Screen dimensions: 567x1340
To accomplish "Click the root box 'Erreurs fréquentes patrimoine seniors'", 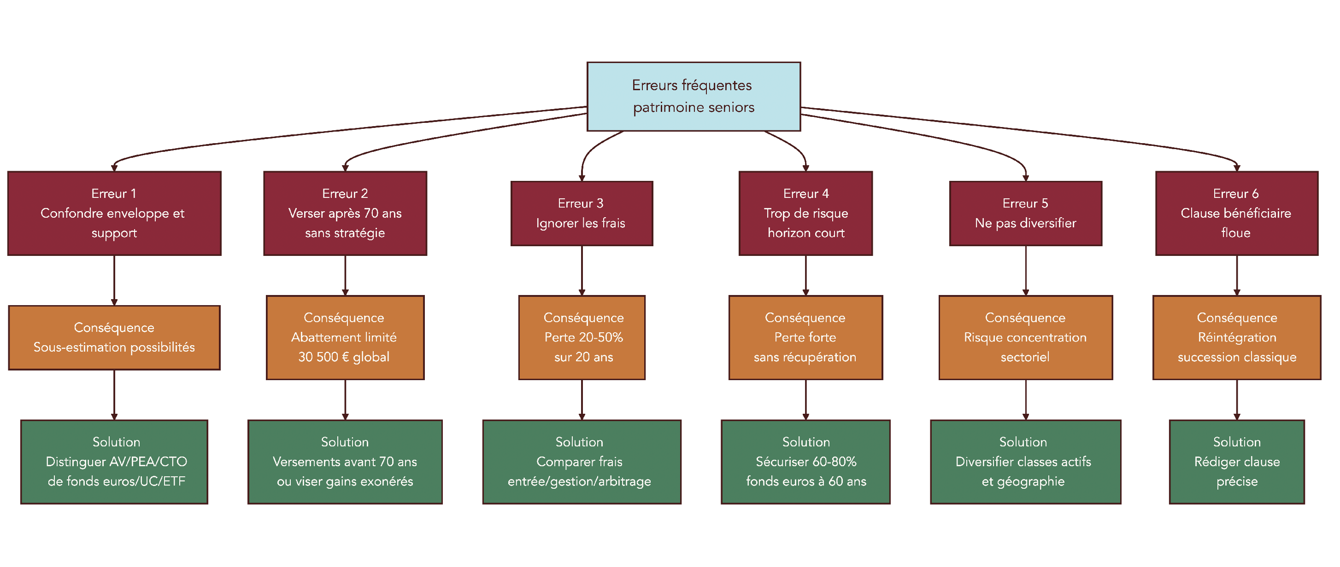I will pyautogui.click(x=693, y=96).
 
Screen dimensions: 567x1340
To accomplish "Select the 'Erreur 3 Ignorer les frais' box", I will pyautogui.click(x=581, y=213).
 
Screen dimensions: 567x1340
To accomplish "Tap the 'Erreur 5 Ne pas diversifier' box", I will pyautogui.click(x=1025, y=213).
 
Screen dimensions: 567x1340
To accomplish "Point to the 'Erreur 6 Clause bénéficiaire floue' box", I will pyautogui.click(x=1236, y=213).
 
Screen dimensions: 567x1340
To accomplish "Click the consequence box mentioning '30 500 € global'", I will pyautogui.click(x=344, y=337).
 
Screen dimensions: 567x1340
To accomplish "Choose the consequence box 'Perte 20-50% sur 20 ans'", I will pyautogui.click(x=581, y=337).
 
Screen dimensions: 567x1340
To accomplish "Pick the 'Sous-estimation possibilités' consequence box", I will pyautogui.click(x=114, y=337).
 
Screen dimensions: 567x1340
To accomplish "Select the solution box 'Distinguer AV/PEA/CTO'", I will pyautogui.click(x=114, y=462).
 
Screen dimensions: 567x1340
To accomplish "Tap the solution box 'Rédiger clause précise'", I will pyautogui.click(x=1236, y=462).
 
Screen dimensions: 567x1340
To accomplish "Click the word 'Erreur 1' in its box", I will pyautogui.click(x=113, y=194).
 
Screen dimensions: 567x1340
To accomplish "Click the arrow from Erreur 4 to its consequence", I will pyautogui.click(x=805, y=275).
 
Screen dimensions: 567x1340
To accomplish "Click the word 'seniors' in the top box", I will pyautogui.click(x=731, y=108).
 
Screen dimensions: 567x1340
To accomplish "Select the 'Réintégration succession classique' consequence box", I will pyautogui.click(x=1236, y=337).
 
